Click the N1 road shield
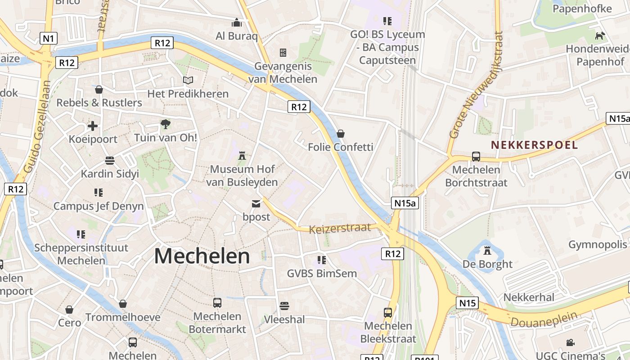pyautogui.click(x=48, y=38)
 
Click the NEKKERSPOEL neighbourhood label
pyautogui.click(x=534, y=145)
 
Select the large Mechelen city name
pyautogui.click(x=202, y=256)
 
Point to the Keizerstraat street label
pyautogui.click(x=340, y=228)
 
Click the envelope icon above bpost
pyautogui.click(x=256, y=204)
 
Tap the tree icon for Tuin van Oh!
pyautogui.click(x=166, y=124)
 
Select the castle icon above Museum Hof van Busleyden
pyautogui.click(x=243, y=156)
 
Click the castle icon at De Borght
pyautogui.click(x=487, y=250)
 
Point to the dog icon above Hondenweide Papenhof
pyautogui.click(x=600, y=36)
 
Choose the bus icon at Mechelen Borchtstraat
pyautogui.click(x=476, y=157)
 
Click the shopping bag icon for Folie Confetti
pyautogui.click(x=341, y=134)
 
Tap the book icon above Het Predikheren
pyautogui.click(x=188, y=80)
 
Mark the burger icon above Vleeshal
pyautogui.click(x=284, y=306)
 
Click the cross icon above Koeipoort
pyautogui.click(x=93, y=126)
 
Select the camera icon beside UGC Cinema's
pyautogui.click(x=570, y=342)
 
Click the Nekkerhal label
pyautogui.click(x=529, y=297)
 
